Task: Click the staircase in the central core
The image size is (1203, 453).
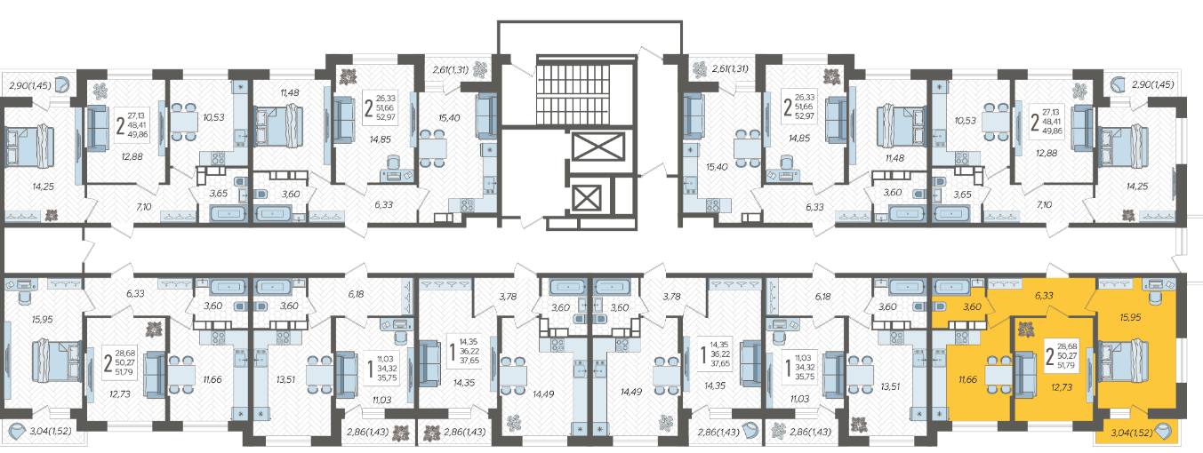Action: pos(573,90)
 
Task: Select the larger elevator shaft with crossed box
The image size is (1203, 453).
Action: pos(598,147)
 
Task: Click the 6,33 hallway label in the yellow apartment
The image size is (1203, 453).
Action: pos(1044,296)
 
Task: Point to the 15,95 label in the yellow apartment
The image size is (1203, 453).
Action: pos(1130,317)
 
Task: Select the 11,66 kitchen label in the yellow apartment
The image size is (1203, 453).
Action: pos(967,379)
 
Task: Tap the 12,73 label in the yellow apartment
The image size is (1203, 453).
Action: pos(1062,387)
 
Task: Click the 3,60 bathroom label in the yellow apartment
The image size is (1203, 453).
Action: pos(972,307)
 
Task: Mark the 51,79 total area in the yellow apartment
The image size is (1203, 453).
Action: pos(1066,365)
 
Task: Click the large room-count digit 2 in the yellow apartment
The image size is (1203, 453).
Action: pos(1049,356)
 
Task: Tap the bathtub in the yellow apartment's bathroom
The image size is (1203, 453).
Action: pos(951,287)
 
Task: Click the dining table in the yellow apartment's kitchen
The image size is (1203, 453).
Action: pos(998,375)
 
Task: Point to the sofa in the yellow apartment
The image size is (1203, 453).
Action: pos(1025,374)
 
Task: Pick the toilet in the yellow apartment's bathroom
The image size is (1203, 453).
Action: pos(939,306)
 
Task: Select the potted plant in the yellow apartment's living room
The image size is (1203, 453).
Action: pos(1026,329)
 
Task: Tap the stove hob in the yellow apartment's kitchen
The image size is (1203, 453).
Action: pos(962,338)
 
